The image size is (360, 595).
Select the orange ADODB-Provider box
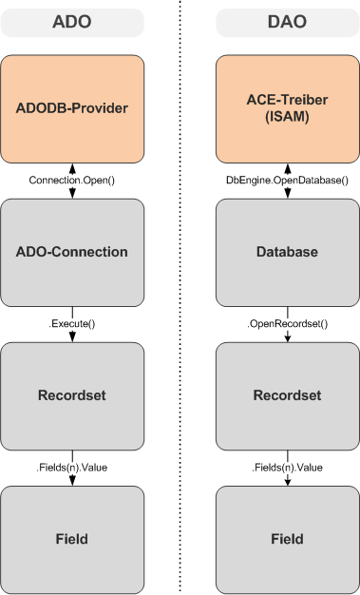click(72, 107)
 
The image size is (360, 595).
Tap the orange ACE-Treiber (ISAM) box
click(287, 107)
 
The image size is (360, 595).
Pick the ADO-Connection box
click(72, 252)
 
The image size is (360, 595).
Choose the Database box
click(287, 252)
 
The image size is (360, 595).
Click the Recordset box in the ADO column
click(72, 395)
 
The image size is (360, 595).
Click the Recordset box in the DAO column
click(287, 395)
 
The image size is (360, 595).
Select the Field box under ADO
click(72, 539)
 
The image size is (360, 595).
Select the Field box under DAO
click(287, 539)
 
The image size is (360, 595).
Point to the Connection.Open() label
click(72, 180)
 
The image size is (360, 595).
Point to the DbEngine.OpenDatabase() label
click(287, 180)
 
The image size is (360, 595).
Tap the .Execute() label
click(72, 324)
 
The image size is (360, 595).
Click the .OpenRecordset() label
click(287, 324)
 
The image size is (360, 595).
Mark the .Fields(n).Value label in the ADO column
click(72, 468)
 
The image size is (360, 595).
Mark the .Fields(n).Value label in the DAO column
click(287, 468)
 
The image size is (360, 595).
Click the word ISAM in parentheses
click(287, 117)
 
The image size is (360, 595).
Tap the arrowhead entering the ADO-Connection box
click(72, 194)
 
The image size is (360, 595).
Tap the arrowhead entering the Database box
click(287, 194)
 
